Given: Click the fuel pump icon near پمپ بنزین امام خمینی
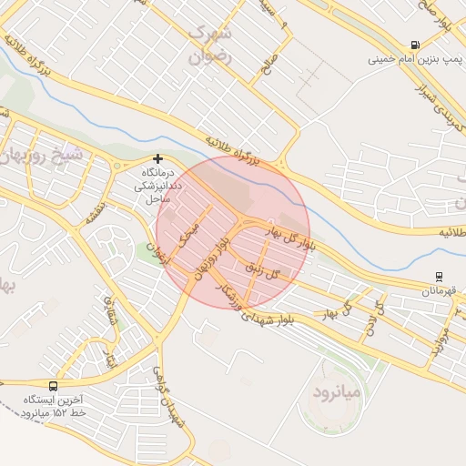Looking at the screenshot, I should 416,45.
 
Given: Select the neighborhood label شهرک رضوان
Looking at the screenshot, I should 212,43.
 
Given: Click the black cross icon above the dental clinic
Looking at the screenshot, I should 157,158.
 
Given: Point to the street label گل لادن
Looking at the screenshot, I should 371,319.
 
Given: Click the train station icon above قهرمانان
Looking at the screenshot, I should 440,276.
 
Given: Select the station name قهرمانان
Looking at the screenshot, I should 441,291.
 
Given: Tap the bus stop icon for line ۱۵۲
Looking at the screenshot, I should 52,386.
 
